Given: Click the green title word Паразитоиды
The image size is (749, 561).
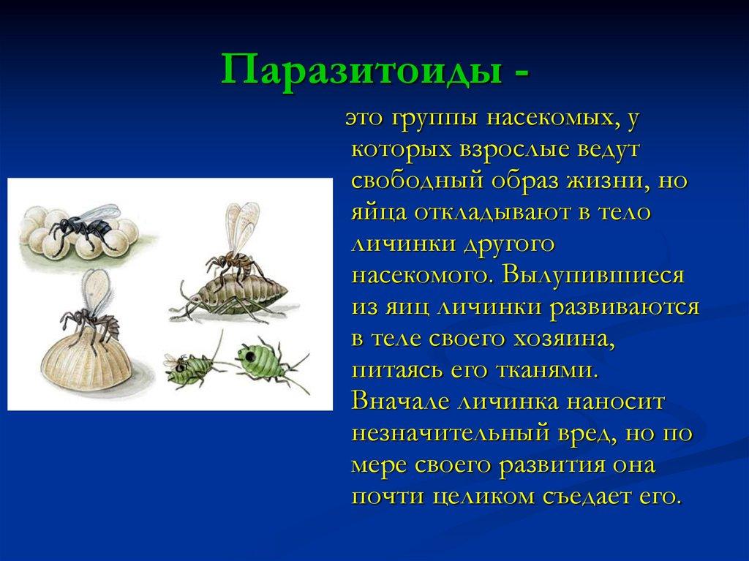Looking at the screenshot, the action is coord(361,70).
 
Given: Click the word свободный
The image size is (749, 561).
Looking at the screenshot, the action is coord(418,181).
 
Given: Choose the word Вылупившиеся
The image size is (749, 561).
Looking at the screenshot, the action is coord(592,276).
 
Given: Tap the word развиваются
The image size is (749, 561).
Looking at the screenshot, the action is coord(625,307).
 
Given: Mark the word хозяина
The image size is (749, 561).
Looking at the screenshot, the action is coord(564,339).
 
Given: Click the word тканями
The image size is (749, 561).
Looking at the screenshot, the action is coord(547,370).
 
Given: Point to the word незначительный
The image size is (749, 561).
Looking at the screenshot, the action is coord(451,434).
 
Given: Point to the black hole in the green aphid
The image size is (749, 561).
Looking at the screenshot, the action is coord(249,355).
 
